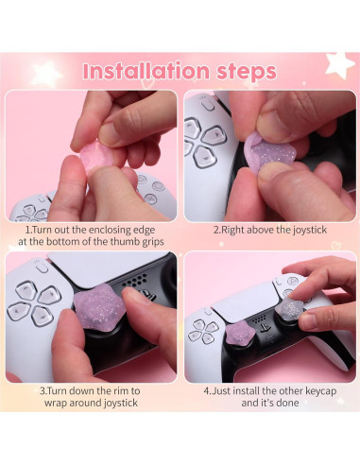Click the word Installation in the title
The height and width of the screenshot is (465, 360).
(x=146, y=71)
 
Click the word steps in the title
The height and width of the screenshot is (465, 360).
(x=247, y=72)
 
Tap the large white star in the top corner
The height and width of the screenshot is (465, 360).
(x=339, y=64)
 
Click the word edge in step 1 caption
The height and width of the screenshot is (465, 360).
(x=145, y=231)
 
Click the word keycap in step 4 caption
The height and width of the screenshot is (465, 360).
(x=320, y=391)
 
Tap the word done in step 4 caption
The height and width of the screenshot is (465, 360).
(x=286, y=403)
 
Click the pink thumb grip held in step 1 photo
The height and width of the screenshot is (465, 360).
(x=95, y=157)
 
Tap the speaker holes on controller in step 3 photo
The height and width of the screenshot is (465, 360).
(x=135, y=281)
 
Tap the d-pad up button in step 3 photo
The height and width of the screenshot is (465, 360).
(x=26, y=290)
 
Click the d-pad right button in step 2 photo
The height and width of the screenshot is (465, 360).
(x=215, y=135)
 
